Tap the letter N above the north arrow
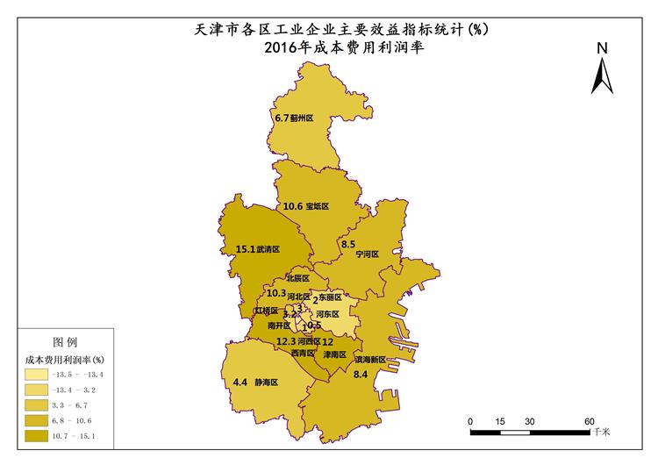[x=601, y=49]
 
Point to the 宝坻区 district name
[x=317, y=207]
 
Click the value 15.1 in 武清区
[x=246, y=250]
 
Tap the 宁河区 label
[x=367, y=254]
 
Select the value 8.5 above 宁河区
[x=348, y=244]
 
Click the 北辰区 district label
[x=298, y=278]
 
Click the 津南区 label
[x=334, y=355]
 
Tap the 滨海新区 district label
[x=370, y=360]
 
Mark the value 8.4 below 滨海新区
[x=360, y=375]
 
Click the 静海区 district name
[x=267, y=383]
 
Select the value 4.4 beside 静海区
[x=240, y=383]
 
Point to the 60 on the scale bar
[x=589, y=420]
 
